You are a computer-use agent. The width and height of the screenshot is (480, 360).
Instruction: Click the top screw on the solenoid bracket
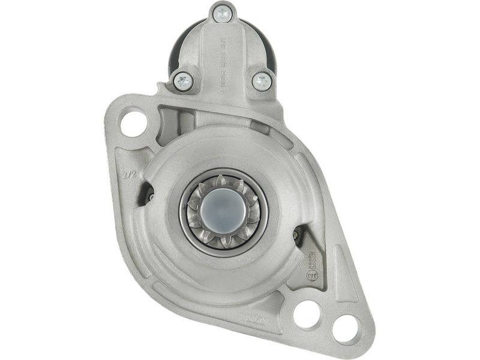click(222, 12)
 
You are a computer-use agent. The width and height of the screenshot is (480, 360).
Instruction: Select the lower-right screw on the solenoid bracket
click(262, 80)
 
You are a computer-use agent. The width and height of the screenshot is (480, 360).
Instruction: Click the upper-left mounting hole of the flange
click(133, 123)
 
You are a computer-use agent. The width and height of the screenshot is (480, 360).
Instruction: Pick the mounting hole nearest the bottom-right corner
click(346, 328)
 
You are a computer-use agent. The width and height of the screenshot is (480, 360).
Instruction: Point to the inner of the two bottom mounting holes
click(307, 314)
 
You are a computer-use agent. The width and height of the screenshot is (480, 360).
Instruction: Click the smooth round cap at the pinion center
click(223, 210)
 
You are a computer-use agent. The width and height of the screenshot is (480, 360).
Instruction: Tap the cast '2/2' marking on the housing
click(128, 175)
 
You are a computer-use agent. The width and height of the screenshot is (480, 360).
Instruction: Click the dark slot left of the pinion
click(146, 193)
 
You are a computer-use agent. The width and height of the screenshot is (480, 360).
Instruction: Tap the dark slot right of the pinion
click(298, 236)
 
